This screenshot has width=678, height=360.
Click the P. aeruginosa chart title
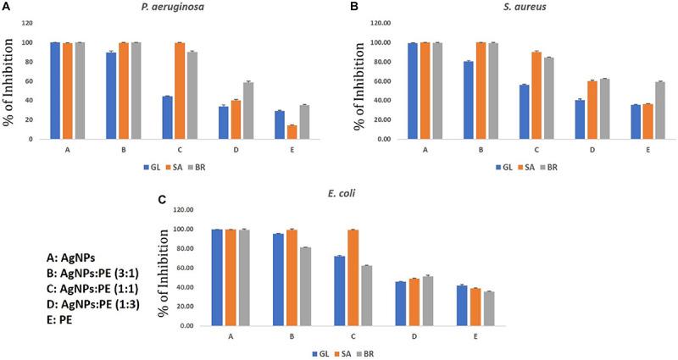[x=186, y=8]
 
